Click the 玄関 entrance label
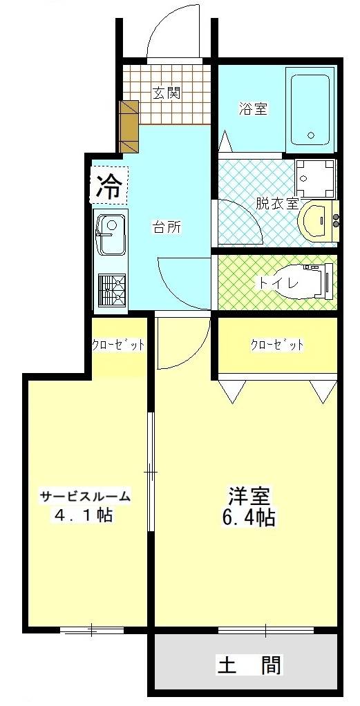[167, 93]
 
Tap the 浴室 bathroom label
[253, 108]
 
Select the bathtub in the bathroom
[312, 110]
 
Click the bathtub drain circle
[310, 135]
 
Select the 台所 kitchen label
[166, 227]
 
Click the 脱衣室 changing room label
[277, 203]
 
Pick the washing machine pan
[316, 179]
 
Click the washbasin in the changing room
[318, 220]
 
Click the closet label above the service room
[118, 345]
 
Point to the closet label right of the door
[276, 345]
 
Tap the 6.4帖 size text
[248, 517]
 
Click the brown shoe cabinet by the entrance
[129, 126]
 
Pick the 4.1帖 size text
[84, 515]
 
